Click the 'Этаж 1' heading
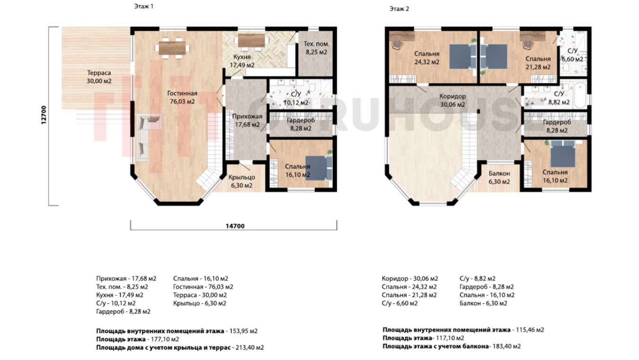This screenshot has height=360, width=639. pos(144,6)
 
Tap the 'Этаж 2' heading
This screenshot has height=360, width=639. pos(399,9)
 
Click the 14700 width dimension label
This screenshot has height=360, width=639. pos(235,226)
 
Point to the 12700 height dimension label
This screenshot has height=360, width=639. pos(44,115)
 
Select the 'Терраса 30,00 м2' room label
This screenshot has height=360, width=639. pos(99,77)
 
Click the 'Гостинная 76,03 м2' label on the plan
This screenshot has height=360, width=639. pos(182,97)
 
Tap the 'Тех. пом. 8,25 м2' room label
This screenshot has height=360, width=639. pos(316,48)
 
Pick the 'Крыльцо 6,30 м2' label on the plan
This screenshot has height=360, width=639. pos(242,182)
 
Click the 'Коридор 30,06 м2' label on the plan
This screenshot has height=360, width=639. pos(453,100)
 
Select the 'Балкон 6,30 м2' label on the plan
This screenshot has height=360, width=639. pos(499,177)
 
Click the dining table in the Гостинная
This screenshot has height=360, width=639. pos(172,48)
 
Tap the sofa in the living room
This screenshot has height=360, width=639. pos(143,138)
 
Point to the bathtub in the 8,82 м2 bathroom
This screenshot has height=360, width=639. pos(579,95)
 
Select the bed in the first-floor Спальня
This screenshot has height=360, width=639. pos(319,168)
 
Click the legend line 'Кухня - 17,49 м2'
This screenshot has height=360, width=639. pos(120,295)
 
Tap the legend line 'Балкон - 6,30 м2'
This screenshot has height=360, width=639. pos(483,303)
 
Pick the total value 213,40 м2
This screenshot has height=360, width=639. pos(250,347)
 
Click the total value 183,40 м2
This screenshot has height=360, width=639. pos(507,346)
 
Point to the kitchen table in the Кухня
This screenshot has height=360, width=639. pos(251,41)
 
